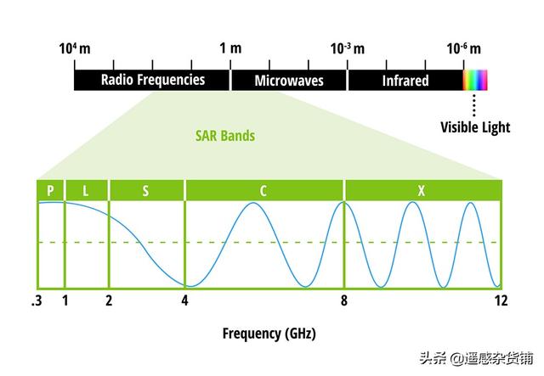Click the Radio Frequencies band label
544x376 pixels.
(153, 81)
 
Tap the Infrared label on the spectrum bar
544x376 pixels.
(405, 81)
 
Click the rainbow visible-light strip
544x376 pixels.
(475, 81)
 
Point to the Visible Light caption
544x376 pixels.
(475, 128)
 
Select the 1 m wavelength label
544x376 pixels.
(229, 48)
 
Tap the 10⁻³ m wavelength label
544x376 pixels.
(347, 48)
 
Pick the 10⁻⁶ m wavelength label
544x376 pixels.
(464, 48)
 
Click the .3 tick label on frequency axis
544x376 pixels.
(37, 300)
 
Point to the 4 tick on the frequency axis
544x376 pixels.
(184, 300)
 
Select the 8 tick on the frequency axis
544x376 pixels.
(343, 300)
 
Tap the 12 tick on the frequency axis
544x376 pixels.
(501, 300)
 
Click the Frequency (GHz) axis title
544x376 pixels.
(269, 334)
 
